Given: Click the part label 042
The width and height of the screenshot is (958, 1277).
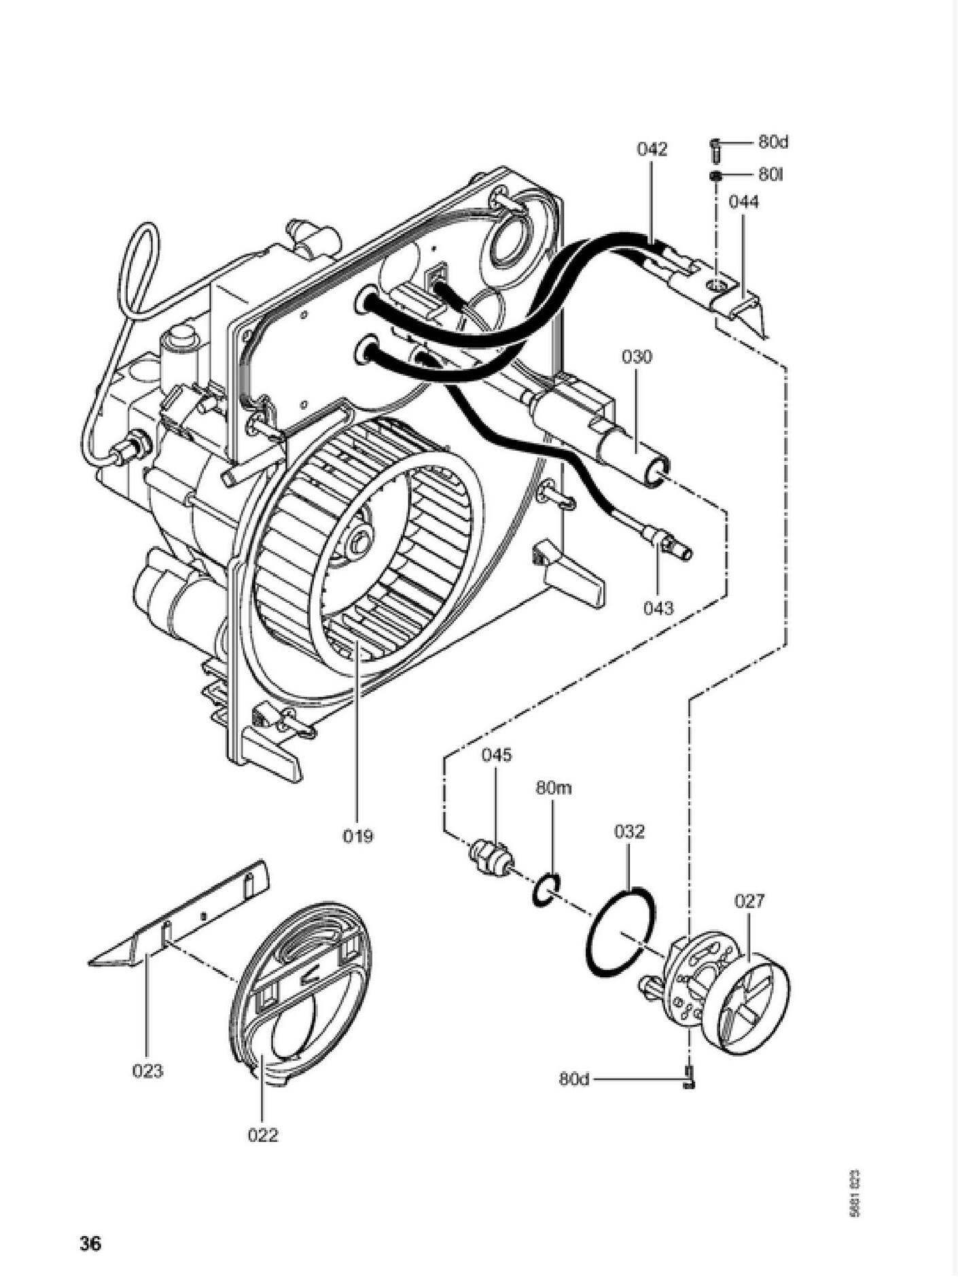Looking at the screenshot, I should click(x=652, y=149).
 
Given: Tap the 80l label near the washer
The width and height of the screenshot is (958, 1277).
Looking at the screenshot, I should click(x=771, y=175).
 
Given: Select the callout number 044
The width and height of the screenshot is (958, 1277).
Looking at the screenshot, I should click(x=743, y=202).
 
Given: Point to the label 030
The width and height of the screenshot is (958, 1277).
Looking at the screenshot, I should click(x=637, y=356).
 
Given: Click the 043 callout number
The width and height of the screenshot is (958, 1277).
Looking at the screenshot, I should click(x=658, y=608).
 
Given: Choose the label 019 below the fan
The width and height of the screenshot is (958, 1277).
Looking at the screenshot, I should click(x=357, y=835).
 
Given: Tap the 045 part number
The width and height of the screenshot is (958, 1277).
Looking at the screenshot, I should click(x=497, y=755).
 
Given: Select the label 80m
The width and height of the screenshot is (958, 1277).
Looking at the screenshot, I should click(x=554, y=788).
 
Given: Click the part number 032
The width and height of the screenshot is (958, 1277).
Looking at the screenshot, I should click(x=629, y=831).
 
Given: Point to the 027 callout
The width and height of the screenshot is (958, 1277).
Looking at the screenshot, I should click(x=749, y=901).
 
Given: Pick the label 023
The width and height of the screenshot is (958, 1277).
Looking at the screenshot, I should click(x=147, y=1070).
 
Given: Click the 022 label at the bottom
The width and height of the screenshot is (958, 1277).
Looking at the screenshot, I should click(x=263, y=1134).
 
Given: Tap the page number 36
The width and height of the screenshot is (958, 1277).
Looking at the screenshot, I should click(x=90, y=1244).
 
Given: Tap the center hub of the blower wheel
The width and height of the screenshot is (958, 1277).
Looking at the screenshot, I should click(x=358, y=542).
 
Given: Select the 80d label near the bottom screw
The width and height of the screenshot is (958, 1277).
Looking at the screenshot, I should click(x=575, y=1079).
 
